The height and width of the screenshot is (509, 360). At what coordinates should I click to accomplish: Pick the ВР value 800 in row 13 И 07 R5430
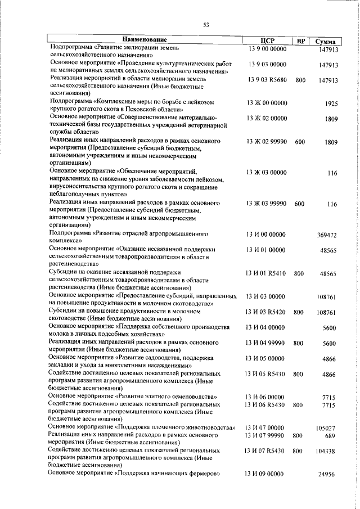click(x=298, y=451)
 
